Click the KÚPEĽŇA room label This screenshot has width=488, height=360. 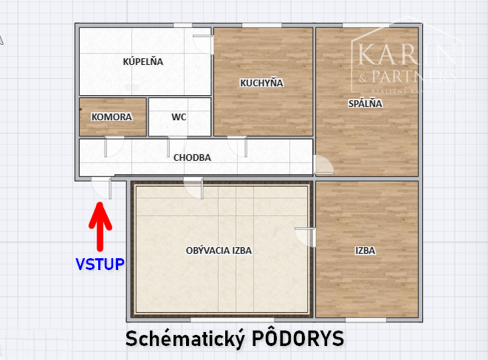(142, 62)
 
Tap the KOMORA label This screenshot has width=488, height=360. (111, 117)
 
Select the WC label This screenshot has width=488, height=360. (179, 117)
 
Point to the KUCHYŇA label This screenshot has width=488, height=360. (261, 83)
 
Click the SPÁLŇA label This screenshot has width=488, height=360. (365, 104)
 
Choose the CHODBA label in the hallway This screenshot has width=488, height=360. (192, 157)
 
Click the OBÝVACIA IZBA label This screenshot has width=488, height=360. (219, 251)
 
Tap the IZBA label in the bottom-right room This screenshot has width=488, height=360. (365, 251)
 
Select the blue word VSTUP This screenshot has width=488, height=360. (100, 263)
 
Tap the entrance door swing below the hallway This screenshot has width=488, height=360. (103, 190)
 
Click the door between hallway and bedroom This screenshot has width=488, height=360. (323, 165)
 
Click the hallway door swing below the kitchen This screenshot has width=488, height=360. (238, 147)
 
